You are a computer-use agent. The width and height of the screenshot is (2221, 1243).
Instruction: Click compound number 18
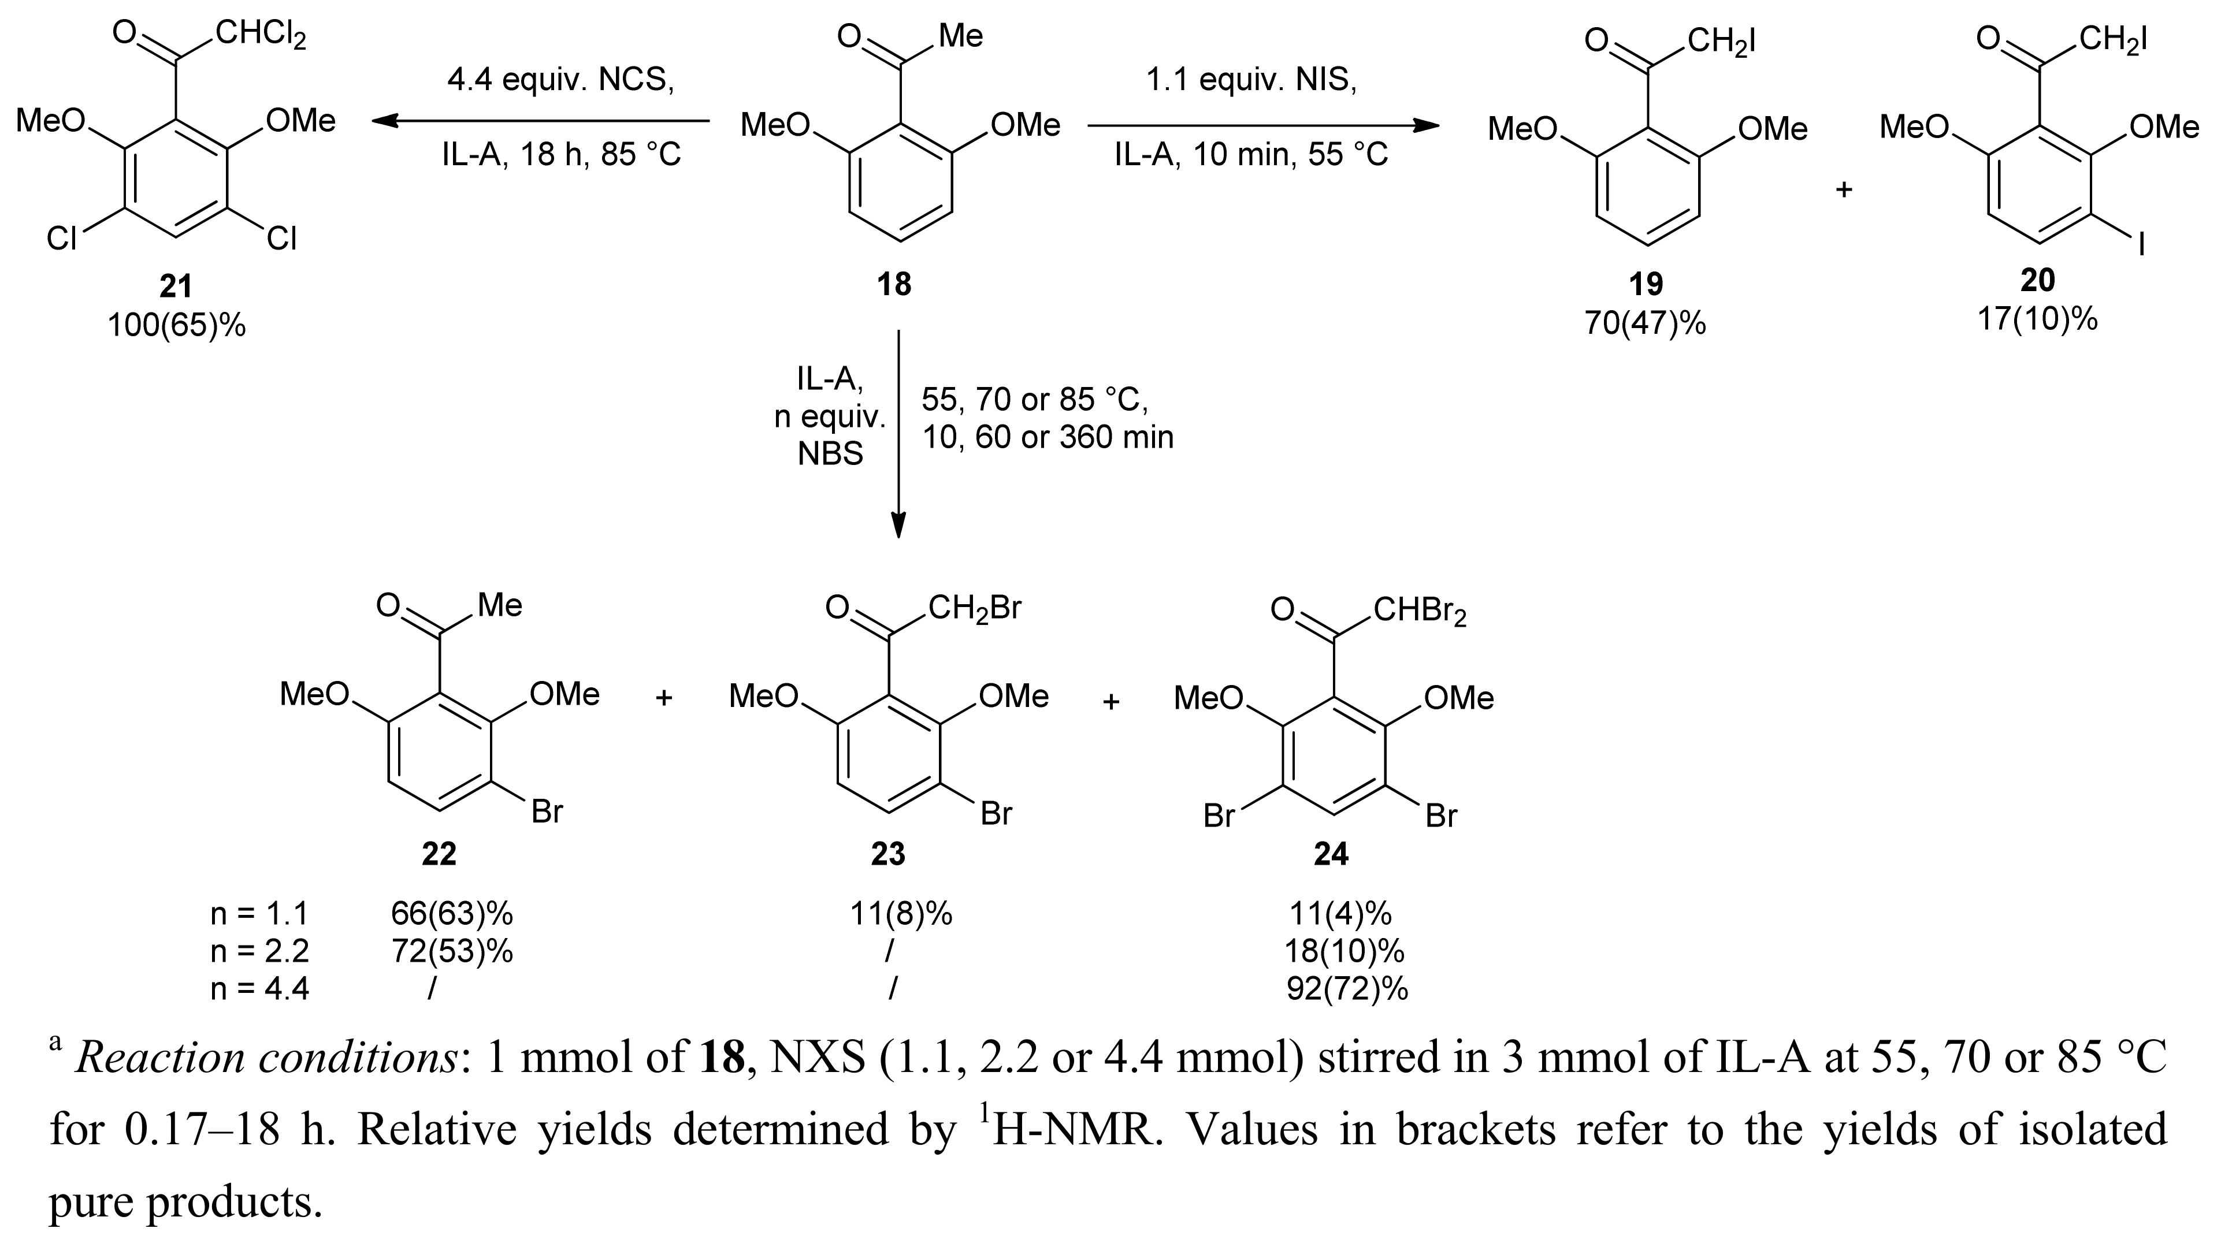point(894,284)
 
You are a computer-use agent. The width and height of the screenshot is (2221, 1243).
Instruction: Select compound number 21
point(176,286)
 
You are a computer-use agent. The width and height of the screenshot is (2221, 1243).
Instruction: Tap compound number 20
point(2037,280)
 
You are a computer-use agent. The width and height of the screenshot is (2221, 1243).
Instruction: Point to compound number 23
point(887,853)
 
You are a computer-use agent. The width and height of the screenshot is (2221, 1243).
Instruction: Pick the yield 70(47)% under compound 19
point(1645,323)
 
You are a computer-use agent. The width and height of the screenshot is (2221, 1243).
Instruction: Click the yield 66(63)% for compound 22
point(452,913)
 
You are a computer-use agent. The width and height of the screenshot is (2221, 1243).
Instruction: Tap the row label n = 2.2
point(259,951)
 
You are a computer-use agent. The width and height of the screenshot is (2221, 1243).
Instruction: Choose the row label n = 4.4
point(259,989)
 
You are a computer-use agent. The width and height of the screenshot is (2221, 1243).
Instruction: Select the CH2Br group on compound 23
point(974,609)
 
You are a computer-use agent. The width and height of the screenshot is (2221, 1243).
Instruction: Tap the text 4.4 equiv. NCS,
point(560,80)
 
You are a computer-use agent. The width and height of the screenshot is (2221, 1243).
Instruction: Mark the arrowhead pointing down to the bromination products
point(898,526)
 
